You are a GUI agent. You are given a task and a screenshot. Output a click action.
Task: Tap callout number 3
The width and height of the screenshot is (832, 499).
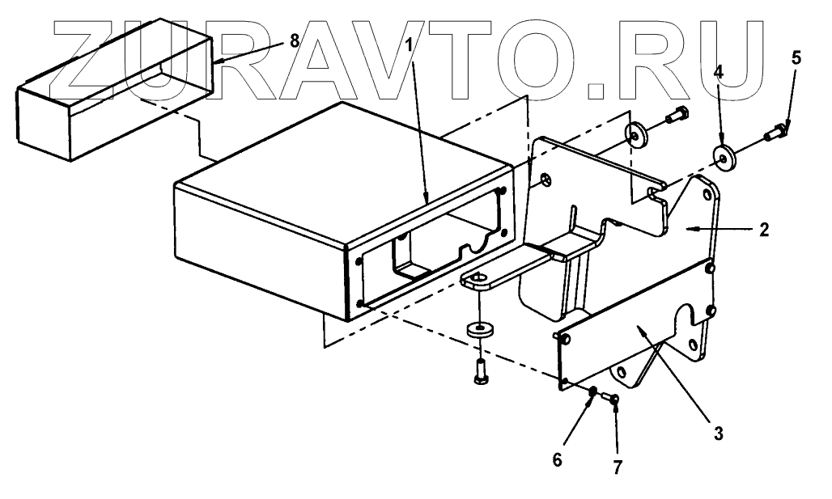[716, 433]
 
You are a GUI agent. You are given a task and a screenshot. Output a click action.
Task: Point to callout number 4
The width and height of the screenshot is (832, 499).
[717, 71]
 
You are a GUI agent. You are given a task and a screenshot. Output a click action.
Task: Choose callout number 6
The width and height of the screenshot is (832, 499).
[556, 459]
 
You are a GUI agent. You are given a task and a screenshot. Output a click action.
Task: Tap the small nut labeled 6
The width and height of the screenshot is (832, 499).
[593, 392]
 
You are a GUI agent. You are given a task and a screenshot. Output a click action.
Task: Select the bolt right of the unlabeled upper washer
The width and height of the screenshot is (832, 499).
[676, 116]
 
